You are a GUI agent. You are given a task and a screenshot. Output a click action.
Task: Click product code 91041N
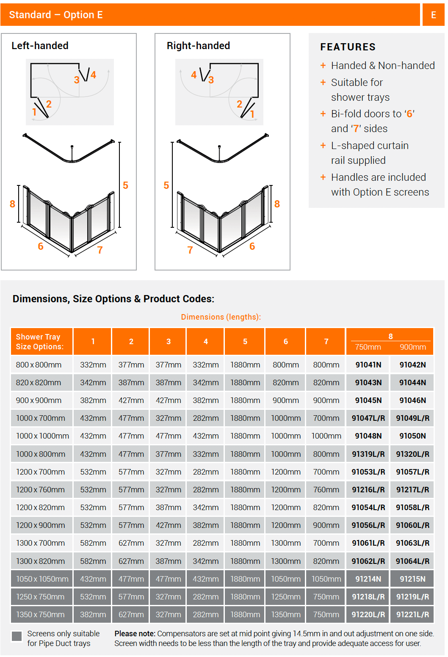[368, 364]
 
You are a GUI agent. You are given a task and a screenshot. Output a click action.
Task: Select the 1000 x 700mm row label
[41, 418]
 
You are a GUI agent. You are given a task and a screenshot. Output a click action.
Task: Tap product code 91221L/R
[412, 614]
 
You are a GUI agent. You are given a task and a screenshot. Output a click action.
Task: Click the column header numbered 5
[245, 341]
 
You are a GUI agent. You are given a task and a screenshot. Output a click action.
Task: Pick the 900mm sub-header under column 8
[412, 347]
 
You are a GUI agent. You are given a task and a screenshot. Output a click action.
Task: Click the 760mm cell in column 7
[326, 489]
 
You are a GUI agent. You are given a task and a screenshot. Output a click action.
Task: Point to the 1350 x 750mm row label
[40, 614]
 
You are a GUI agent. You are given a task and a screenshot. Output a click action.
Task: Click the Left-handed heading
[40, 46]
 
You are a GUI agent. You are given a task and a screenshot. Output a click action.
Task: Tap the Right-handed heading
[198, 46]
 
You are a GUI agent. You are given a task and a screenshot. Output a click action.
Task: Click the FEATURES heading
[348, 47]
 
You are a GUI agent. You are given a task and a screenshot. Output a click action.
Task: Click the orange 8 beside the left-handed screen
[12, 204]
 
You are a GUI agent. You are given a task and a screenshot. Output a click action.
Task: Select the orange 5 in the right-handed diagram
[166, 185]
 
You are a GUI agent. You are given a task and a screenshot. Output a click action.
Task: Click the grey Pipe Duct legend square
[17, 636]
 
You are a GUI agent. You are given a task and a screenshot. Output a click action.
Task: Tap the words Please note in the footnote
[135, 633]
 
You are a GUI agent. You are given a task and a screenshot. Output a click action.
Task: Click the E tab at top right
[433, 15]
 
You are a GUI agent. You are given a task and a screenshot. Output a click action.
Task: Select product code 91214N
[368, 579]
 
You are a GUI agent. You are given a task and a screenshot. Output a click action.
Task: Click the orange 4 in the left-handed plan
[93, 75]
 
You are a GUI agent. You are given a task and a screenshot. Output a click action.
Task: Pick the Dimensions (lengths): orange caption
[221, 317]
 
